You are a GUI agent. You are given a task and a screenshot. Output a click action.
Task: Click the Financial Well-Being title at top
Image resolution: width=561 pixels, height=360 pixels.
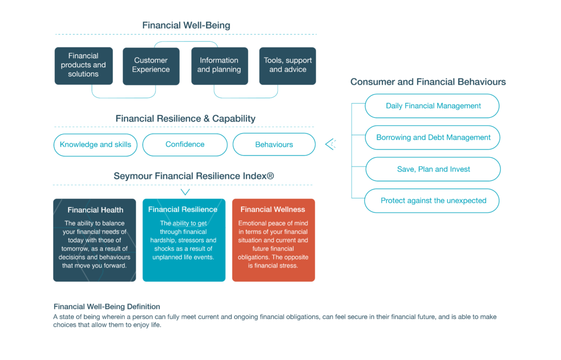186,25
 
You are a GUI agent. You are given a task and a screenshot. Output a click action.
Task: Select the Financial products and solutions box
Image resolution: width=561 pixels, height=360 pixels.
83,65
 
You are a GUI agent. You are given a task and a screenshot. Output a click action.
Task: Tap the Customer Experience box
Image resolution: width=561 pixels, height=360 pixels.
151,65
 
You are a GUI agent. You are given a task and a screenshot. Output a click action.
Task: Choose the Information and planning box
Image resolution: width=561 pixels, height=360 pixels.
219,65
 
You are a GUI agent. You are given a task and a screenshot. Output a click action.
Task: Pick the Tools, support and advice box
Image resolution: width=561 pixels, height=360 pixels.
288,65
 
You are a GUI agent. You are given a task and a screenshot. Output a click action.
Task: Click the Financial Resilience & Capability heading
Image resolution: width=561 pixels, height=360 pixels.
185,118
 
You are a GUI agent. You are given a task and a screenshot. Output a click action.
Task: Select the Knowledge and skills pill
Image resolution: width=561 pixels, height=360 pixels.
95,145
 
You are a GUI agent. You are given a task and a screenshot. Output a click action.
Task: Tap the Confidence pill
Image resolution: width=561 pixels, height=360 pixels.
185,145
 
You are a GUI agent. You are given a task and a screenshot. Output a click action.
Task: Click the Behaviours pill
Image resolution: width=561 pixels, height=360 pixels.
274,145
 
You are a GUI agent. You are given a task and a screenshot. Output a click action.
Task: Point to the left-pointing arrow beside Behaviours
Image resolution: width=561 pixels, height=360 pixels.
330,144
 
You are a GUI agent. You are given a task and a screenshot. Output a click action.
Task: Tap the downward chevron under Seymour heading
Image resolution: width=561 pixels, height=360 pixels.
185,192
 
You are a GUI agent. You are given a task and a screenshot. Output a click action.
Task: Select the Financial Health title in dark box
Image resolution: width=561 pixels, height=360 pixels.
95,210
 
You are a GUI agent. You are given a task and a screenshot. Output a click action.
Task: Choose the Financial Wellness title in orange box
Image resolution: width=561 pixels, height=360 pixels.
273,209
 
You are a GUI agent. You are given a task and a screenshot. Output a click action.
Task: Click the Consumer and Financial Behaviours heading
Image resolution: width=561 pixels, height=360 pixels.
428,82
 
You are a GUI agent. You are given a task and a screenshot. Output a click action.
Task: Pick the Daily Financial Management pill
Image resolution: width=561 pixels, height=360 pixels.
433,106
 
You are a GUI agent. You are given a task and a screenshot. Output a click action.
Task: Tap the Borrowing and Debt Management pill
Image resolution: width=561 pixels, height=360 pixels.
433,138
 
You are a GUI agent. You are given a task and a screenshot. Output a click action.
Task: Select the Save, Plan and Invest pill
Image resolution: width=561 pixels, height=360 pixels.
433,169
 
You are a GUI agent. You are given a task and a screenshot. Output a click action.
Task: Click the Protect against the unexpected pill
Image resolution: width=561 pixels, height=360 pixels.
433,201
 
